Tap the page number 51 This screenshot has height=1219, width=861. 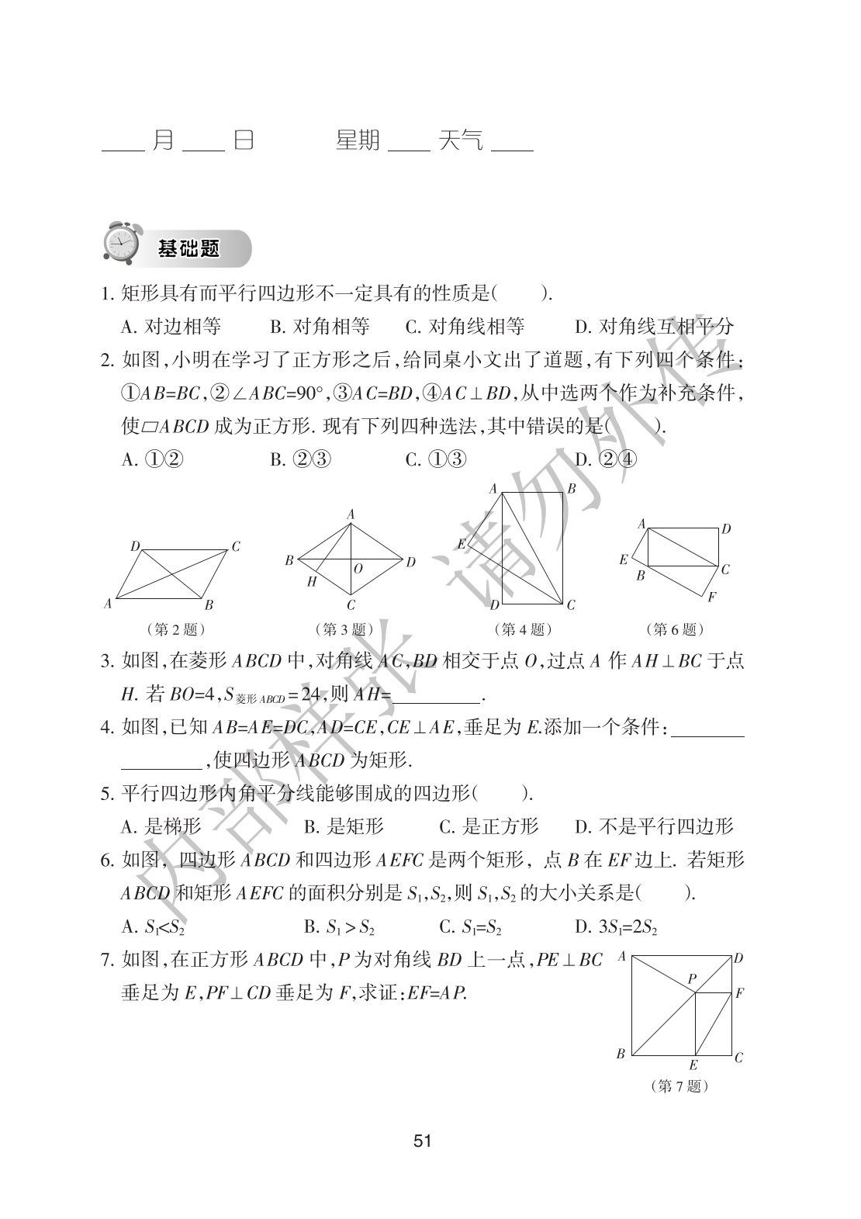[x=423, y=1140]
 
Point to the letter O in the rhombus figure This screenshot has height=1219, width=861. [x=358, y=569]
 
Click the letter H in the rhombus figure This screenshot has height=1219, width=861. [x=312, y=582]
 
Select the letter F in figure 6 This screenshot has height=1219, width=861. [x=711, y=597]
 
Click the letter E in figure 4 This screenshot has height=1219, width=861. [x=462, y=543]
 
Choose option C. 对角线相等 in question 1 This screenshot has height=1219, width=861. [x=465, y=327]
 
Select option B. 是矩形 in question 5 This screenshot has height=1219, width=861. [x=344, y=826]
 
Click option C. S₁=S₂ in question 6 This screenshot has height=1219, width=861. [x=471, y=926]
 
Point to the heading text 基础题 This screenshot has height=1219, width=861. [x=188, y=248]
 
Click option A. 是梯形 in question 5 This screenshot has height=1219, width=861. [x=161, y=826]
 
